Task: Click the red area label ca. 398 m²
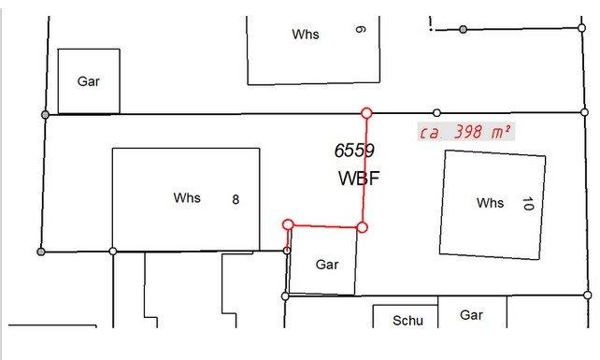pyautogui.click(x=465, y=132)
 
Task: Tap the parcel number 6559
pyautogui.click(x=354, y=151)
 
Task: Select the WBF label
pyautogui.click(x=359, y=178)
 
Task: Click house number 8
pyautogui.click(x=236, y=199)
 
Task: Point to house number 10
pyautogui.click(x=528, y=203)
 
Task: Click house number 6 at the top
pyautogui.click(x=360, y=30)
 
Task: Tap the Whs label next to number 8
pyautogui.click(x=187, y=197)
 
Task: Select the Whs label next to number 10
pyautogui.click(x=490, y=203)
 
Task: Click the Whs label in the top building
pyautogui.click(x=306, y=34)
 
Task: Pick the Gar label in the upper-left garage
pyautogui.click(x=89, y=81)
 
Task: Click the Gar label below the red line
pyautogui.click(x=327, y=265)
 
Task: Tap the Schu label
pyautogui.click(x=407, y=320)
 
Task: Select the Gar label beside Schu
pyautogui.click(x=471, y=315)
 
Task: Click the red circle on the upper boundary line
pyautogui.click(x=366, y=113)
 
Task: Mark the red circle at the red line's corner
pyautogui.click(x=362, y=227)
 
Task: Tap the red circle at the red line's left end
pyautogui.click(x=288, y=224)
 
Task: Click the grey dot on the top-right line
pyautogui.click(x=463, y=30)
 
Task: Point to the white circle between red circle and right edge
pyautogui.click(x=436, y=112)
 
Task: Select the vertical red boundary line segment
pyautogui.click(x=364, y=170)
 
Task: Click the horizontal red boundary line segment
pyautogui.click(x=325, y=226)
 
